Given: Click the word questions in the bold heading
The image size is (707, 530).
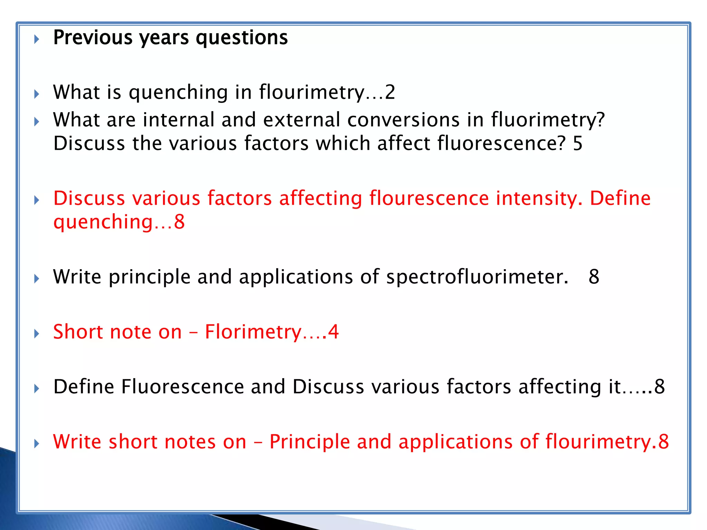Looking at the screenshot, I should click(x=242, y=38).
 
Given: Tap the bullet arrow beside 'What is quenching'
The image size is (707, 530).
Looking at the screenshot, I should click(x=37, y=94).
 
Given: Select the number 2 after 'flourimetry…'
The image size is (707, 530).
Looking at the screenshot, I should click(x=390, y=92).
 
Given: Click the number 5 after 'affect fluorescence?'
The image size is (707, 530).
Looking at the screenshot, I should click(x=578, y=143).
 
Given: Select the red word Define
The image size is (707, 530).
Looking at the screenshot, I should click(x=620, y=198).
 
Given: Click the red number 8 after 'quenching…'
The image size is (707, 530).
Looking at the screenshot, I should click(x=180, y=222).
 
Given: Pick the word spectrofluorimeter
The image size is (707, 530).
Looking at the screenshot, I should click(x=477, y=277).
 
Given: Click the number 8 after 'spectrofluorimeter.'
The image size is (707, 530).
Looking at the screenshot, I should click(x=594, y=277).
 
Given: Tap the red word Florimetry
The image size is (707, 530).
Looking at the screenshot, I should click(x=253, y=332).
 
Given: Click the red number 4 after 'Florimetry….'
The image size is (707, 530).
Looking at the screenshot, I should click(x=333, y=332).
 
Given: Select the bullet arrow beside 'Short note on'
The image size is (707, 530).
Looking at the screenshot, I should click(x=37, y=334).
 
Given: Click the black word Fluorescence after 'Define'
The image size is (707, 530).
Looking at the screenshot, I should click(x=183, y=386).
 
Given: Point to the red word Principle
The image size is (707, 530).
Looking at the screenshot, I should click(x=310, y=442).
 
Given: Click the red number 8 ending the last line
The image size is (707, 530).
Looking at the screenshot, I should click(x=664, y=442).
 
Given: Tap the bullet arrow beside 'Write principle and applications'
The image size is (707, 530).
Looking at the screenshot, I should click(x=37, y=278).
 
